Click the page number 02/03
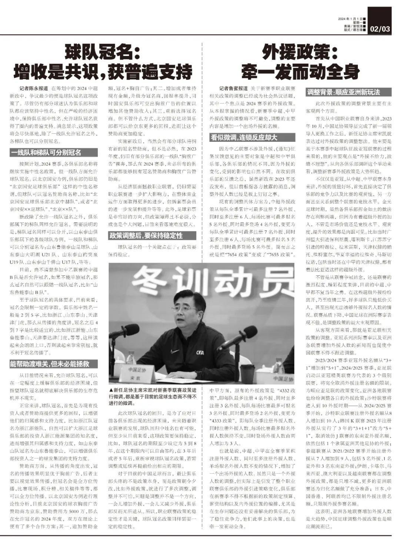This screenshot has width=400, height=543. (380, 29)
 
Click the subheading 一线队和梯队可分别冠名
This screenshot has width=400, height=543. (46, 152)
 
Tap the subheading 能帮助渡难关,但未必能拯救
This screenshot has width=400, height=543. (50, 364)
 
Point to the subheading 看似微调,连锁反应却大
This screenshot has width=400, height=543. (243, 137)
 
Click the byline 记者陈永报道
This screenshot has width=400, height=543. (34, 88)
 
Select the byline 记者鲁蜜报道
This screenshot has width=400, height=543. (233, 88)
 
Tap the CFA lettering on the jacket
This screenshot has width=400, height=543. (200, 352)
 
